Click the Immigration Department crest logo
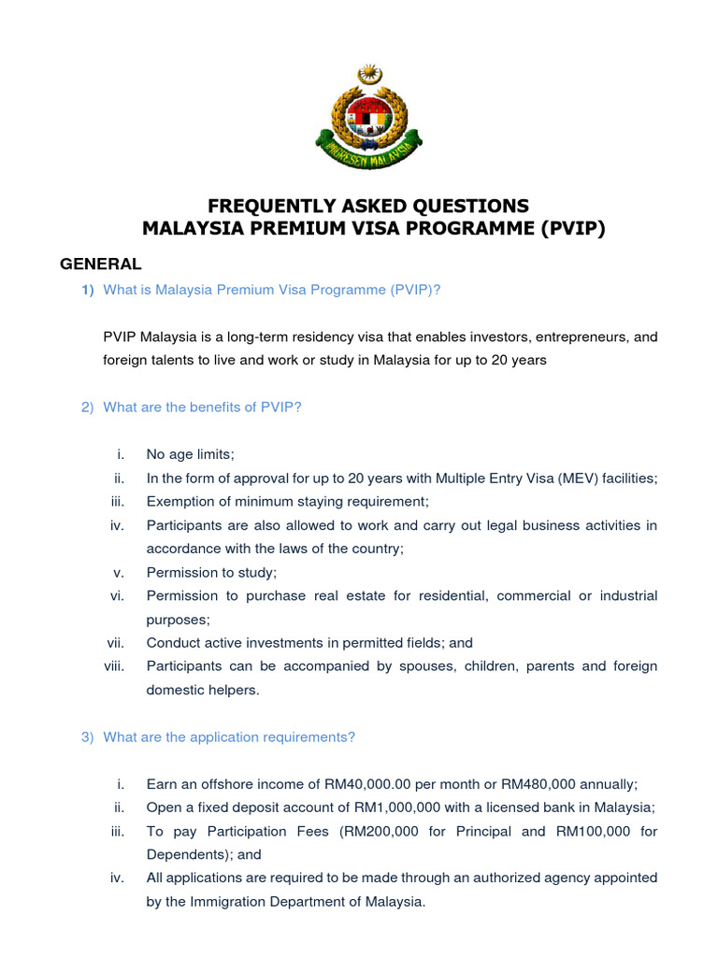pos(368,116)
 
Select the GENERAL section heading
pos(101,264)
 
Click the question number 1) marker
pos(88,290)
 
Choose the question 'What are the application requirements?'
pos(229,737)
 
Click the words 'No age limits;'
pos(191,454)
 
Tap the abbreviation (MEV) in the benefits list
pos(582,478)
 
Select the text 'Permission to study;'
pos(212,573)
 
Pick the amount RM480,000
pos(550,784)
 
